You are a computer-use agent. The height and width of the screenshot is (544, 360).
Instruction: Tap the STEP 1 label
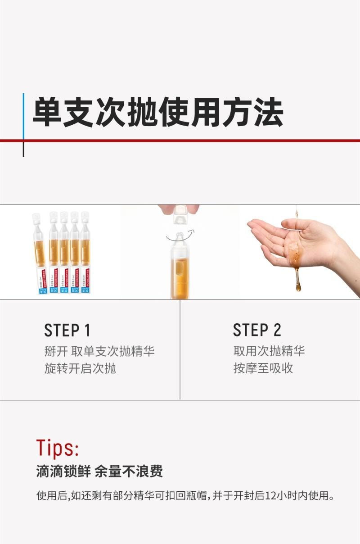tap(67, 330)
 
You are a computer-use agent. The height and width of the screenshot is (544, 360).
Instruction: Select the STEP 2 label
tap(257, 330)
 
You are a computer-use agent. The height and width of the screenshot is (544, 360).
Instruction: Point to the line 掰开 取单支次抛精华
tap(99, 351)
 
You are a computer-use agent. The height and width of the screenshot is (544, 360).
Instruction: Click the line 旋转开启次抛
tap(80, 368)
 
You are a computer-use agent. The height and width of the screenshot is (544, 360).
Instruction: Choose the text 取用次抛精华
tap(269, 351)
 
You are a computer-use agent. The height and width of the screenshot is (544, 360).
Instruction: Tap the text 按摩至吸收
tap(263, 368)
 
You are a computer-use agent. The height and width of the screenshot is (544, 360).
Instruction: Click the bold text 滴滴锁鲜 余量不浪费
tap(99, 471)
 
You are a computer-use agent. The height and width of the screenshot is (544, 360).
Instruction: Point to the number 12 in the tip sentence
tap(271, 496)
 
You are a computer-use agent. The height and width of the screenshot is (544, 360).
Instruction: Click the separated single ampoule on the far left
tap(39, 252)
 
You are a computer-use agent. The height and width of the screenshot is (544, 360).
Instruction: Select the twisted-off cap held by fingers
tap(180, 215)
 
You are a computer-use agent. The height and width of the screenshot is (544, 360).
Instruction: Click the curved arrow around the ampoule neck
tap(180, 235)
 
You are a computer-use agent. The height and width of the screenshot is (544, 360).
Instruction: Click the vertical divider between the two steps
tap(180, 349)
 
